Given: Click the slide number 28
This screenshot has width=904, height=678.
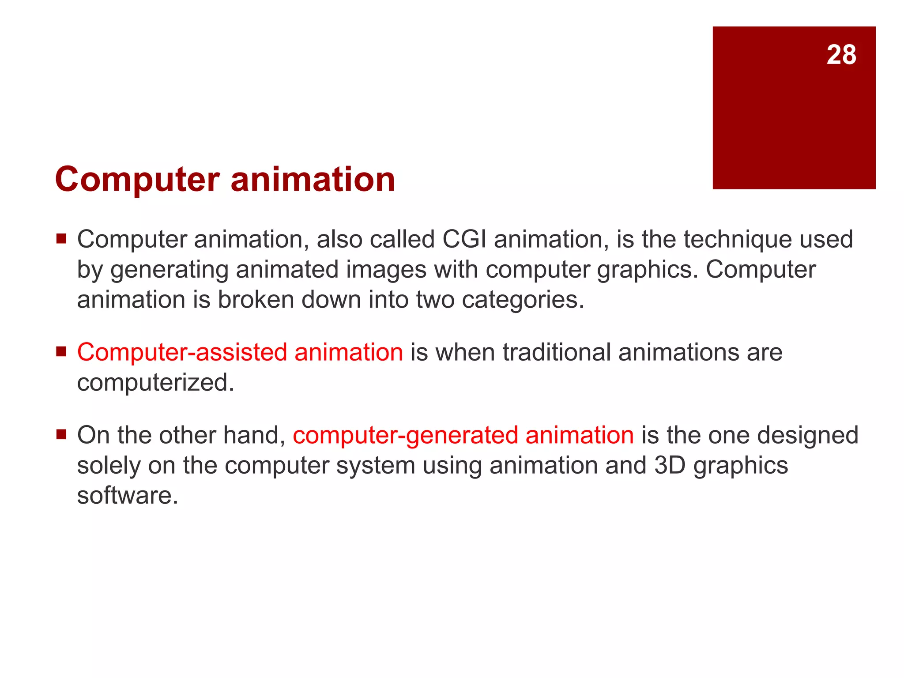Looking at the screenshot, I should pyautogui.click(x=841, y=55).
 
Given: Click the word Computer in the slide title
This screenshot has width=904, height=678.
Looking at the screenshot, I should pyautogui.click(x=137, y=180).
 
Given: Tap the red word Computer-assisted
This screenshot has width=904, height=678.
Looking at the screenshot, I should pyautogui.click(x=182, y=353).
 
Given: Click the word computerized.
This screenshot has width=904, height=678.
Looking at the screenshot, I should pyautogui.click(x=155, y=383).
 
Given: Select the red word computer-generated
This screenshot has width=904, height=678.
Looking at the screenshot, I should pyautogui.click(x=405, y=436).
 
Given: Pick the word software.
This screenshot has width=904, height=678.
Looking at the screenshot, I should pyautogui.click(x=128, y=496).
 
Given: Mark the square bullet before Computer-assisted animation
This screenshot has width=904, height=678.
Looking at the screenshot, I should pyautogui.click(x=61, y=352).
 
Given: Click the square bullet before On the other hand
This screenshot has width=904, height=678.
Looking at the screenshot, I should pyautogui.click(x=61, y=435).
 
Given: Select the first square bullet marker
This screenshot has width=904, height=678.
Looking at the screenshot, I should pyautogui.click(x=61, y=239).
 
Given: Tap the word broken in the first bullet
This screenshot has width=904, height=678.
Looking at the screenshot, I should pyautogui.click(x=256, y=300).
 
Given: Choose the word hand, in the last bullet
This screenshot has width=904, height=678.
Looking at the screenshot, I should pyautogui.click(x=254, y=436).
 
